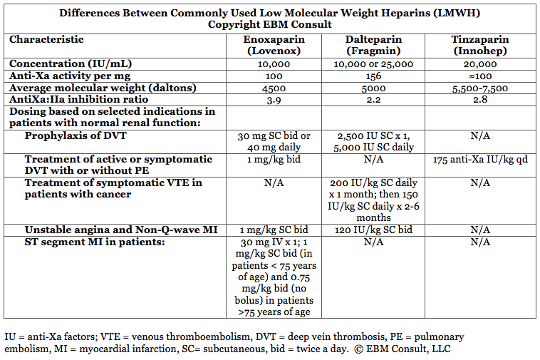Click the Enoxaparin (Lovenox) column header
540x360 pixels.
point(274,46)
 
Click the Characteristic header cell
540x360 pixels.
point(46,40)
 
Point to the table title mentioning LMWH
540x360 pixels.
point(269,13)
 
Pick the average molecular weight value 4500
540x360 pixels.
point(274,88)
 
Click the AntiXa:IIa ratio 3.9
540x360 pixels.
point(274,100)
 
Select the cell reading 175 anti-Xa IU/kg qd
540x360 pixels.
point(479,159)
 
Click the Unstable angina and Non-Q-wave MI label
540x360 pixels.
point(120,230)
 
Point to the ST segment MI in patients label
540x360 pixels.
point(94,242)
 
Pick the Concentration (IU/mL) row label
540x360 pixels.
point(71,63)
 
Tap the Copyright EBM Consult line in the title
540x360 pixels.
point(269,24)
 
